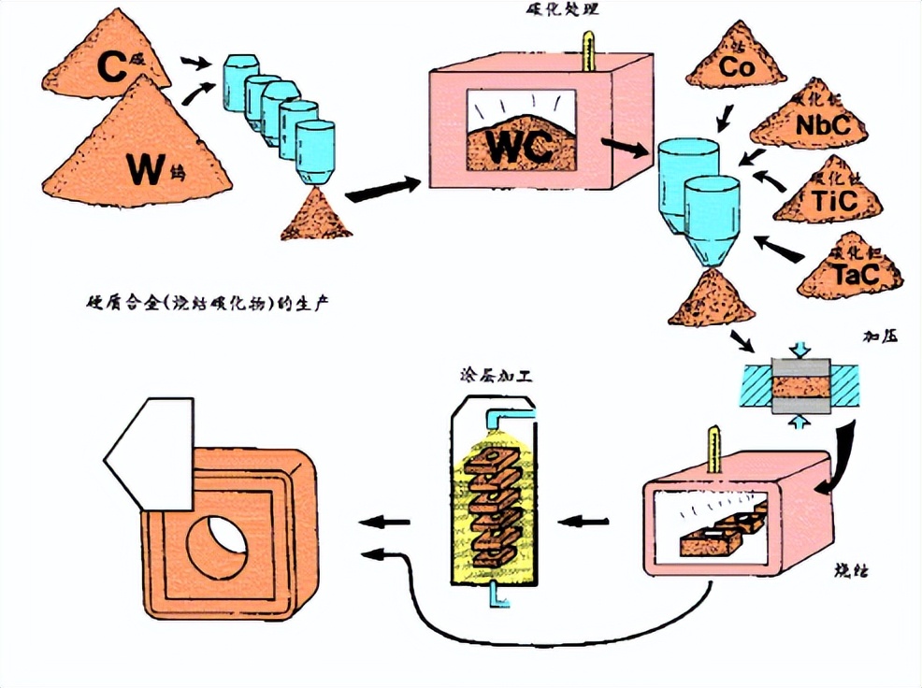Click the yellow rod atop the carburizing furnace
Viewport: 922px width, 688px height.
[x=586, y=51]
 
